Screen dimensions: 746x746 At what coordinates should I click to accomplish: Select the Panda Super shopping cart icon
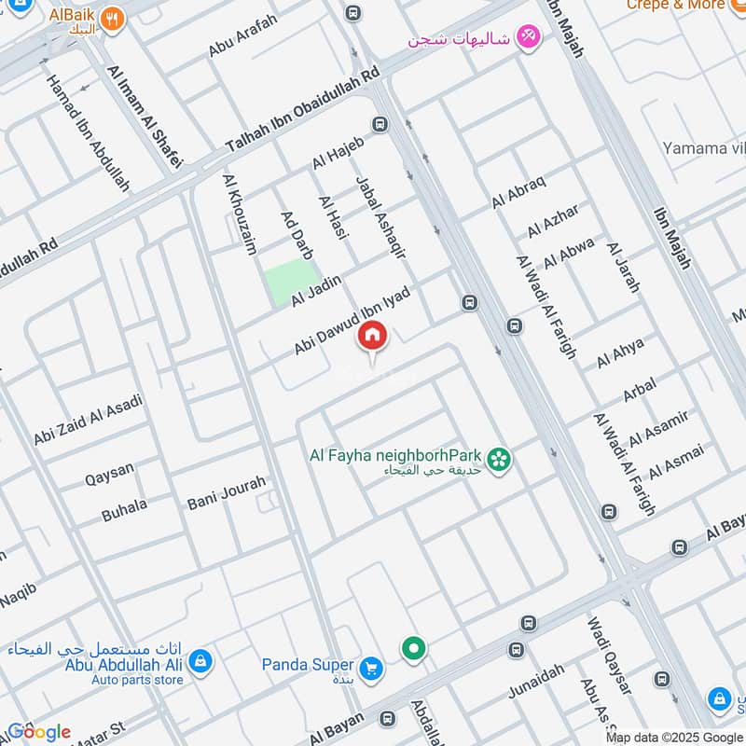point(371,668)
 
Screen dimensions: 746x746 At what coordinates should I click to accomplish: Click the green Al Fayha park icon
point(500,459)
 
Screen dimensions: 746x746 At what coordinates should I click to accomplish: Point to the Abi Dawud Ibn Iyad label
point(352,320)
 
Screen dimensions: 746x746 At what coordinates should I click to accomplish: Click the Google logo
point(38,732)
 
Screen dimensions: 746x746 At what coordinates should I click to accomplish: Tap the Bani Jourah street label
point(227,491)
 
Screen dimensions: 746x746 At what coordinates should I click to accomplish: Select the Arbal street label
point(639,390)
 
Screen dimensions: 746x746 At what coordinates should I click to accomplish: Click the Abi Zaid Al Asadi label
point(89,419)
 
